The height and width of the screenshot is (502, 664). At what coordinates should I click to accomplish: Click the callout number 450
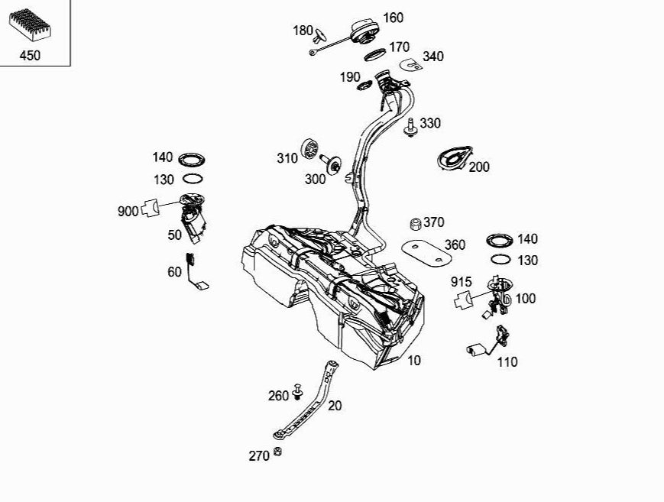pyautogui.click(x=30, y=56)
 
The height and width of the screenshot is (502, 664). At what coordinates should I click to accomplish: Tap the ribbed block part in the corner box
pyautogui.click(x=30, y=24)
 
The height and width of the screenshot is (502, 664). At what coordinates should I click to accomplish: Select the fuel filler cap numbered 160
pyautogui.click(x=364, y=32)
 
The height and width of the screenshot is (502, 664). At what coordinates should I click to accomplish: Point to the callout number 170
pyautogui.click(x=400, y=47)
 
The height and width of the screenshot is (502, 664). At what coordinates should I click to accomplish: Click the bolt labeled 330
pyautogui.click(x=410, y=126)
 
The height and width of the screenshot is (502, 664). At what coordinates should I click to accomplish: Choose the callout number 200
pyautogui.click(x=479, y=167)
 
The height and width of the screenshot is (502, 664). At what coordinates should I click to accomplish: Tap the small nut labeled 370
pyautogui.click(x=416, y=223)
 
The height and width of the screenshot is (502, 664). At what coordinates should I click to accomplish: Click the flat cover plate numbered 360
pyautogui.click(x=426, y=253)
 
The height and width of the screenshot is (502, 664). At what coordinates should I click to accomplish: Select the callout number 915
pyautogui.click(x=462, y=282)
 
